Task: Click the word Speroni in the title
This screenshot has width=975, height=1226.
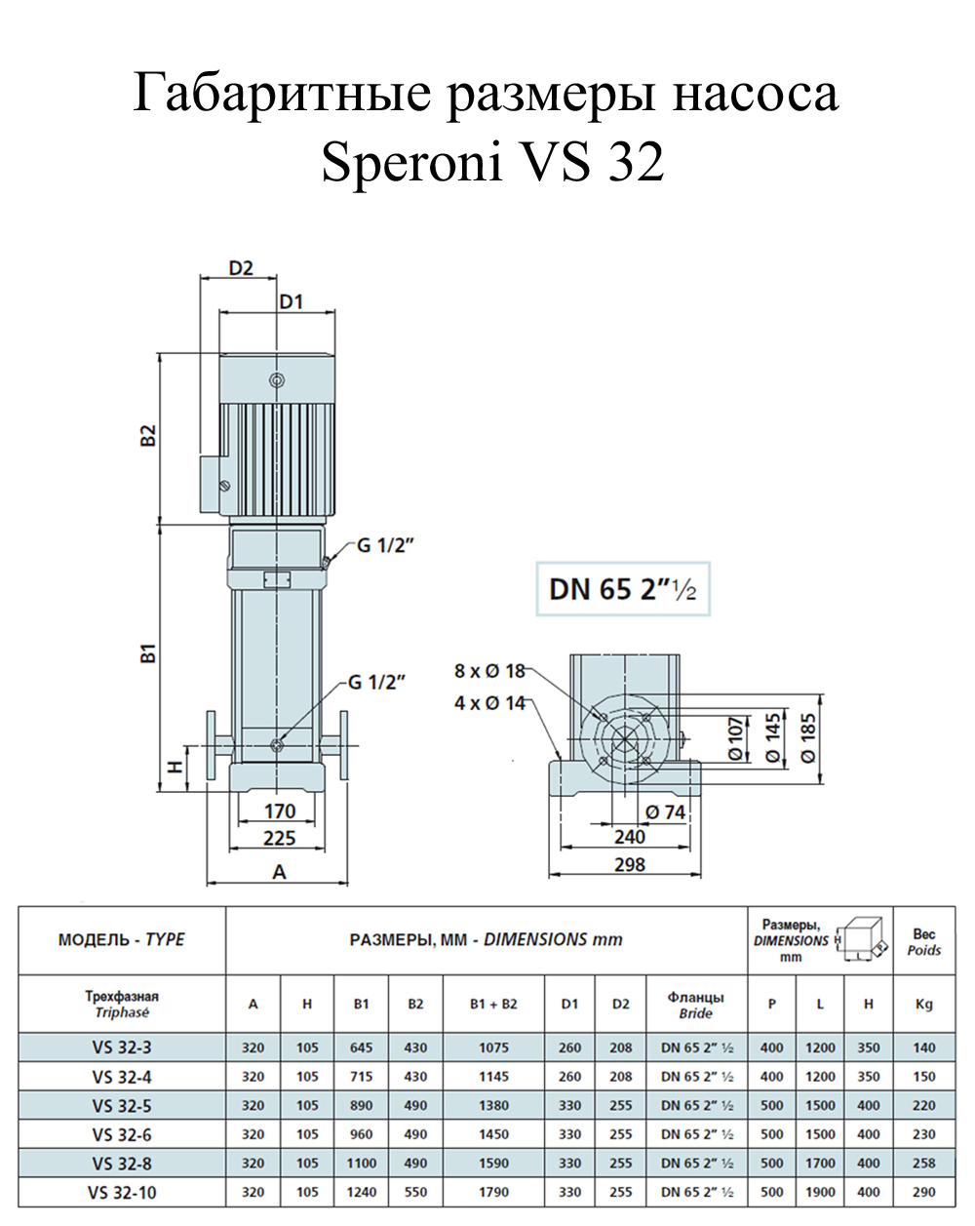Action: tap(412, 161)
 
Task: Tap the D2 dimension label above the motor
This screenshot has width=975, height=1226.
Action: tap(240, 268)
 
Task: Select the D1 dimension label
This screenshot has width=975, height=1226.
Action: tap(291, 302)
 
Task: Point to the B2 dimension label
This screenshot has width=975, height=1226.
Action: tap(148, 436)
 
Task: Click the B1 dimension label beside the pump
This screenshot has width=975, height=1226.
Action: tap(148, 653)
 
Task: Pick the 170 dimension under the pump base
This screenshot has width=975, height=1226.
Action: tap(280, 811)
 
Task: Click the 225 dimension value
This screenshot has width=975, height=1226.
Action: tap(280, 839)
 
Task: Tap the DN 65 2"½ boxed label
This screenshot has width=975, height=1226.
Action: tap(622, 589)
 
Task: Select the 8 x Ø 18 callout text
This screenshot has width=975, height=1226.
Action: tap(489, 671)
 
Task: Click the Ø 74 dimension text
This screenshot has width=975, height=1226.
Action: tap(665, 811)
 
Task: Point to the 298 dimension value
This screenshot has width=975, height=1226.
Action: tap(630, 864)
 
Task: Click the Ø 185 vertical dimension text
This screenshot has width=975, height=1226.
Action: tap(808, 738)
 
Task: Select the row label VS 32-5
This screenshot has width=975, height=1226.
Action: tap(122, 1106)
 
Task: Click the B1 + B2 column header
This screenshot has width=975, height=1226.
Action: tap(493, 1004)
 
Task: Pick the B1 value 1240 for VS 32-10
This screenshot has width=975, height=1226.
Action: tap(361, 1192)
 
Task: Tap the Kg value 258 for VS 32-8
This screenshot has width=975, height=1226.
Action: tap(923, 1163)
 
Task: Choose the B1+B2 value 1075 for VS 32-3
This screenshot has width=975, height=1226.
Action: tap(493, 1048)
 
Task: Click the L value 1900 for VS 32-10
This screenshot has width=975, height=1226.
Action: tap(820, 1192)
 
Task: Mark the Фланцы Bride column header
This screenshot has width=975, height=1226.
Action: tap(695, 1005)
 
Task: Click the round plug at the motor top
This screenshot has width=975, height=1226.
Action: tap(277, 380)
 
